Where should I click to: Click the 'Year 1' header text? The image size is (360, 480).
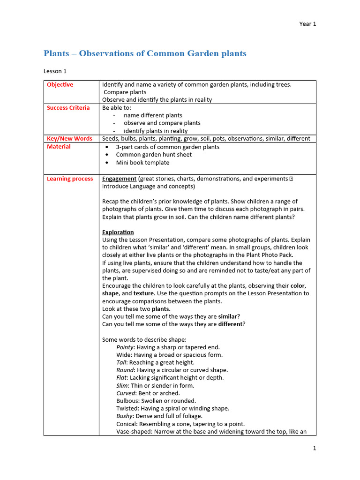[307, 24]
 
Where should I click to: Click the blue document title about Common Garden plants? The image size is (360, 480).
[145, 53]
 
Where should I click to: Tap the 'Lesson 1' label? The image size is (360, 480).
[55, 71]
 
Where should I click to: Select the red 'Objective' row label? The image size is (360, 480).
[60, 85]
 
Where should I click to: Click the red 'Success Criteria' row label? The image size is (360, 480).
[68, 108]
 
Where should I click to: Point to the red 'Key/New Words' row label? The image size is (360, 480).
[69, 139]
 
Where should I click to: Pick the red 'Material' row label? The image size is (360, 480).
[59, 147]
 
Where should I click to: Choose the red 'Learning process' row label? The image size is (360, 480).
[70, 179]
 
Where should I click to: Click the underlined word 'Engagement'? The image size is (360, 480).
[119, 179]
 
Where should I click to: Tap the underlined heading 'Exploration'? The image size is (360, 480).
[118, 232]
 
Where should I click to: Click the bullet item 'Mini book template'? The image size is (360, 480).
[142, 163]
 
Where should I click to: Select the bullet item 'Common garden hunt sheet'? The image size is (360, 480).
[154, 155]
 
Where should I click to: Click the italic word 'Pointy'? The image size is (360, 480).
[125, 347]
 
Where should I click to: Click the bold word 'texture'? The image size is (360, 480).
[143, 293]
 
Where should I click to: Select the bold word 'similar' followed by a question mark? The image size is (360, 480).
[227, 317]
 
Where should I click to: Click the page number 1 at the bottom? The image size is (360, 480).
[315, 448]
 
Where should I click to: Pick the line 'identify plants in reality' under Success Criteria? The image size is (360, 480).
[155, 131]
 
